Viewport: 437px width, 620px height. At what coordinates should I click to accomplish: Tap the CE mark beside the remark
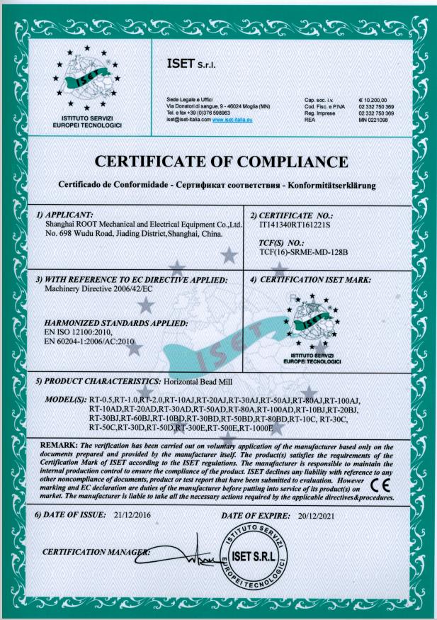coord(380,485)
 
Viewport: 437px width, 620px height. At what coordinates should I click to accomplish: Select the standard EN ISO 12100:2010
coord(78,331)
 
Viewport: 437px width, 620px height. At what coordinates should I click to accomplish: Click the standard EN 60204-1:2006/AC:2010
coord(89,341)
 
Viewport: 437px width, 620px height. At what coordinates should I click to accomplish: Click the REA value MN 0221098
coord(374,120)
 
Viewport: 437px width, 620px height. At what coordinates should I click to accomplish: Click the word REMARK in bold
coord(60,445)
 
